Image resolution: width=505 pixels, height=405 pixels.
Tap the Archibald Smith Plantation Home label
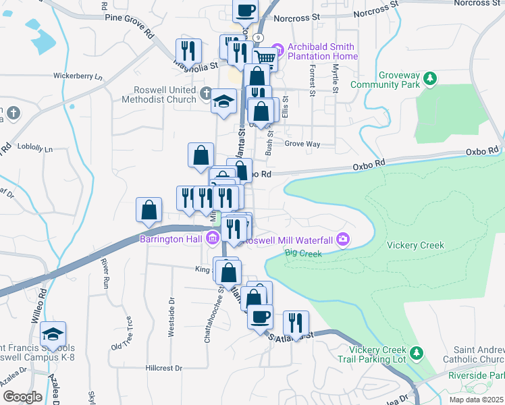pos(321,51)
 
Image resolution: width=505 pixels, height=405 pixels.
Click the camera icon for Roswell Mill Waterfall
pos(343,239)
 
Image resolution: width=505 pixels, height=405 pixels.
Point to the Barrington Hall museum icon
pos(212,238)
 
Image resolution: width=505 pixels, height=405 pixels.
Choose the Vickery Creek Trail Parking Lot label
pos(378,354)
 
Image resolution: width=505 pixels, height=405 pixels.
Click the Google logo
pos(22,397)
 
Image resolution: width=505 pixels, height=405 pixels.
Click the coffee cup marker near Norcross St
pos(246,10)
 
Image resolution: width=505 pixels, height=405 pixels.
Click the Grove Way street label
pos(301,144)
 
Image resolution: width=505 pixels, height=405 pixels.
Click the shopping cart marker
pos(265,59)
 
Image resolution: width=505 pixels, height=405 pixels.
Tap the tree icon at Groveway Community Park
pos(429,80)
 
